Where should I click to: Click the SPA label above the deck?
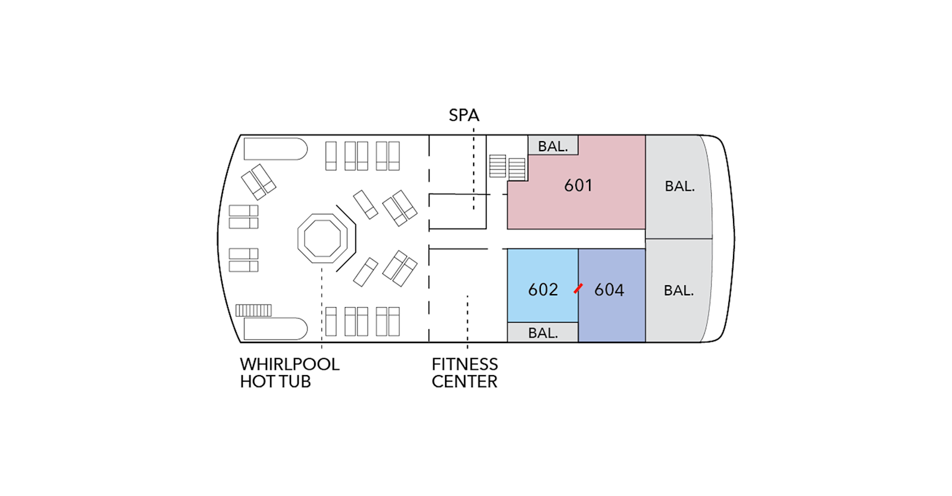464,115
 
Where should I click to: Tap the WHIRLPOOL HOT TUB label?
289,373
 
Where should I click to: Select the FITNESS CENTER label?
465,373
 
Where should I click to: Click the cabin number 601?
578,186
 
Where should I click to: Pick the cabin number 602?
543,290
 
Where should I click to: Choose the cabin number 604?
609,290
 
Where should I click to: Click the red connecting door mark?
578,289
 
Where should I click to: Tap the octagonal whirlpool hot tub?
322,239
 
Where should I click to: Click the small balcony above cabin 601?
553,146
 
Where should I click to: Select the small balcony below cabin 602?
543,333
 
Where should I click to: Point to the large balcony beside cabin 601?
679,186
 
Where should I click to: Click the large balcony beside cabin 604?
678,291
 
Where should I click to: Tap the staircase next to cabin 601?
508,167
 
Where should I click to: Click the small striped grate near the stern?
253,310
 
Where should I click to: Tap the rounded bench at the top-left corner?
275,149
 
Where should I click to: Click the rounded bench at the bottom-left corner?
275,329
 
